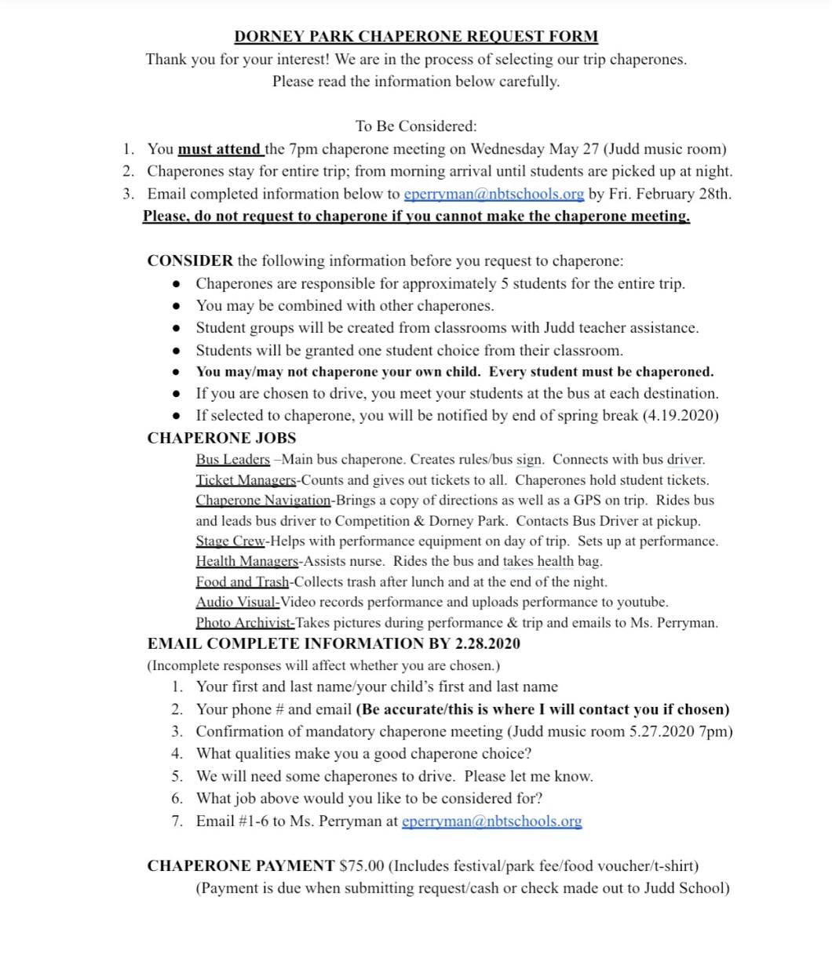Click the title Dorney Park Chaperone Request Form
(x=416, y=36)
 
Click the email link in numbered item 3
(x=494, y=194)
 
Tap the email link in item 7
(x=491, y=821)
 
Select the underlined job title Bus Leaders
(x=233, y=459)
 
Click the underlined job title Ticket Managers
(x=246, y=479)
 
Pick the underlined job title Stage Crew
(x=232, y=541)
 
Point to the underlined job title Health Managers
(x=247, y=561)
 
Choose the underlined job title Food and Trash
(x=243, y=581)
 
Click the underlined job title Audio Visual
(x=238, y=602)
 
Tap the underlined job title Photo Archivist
(x=245, y=623)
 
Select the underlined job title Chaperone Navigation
(x=264, y=500)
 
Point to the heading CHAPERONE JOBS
(x=221, y=438)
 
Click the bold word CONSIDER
(x=190, y=260)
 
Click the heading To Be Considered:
(x=416, y=126)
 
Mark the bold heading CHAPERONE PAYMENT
(x=241, y=866)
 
